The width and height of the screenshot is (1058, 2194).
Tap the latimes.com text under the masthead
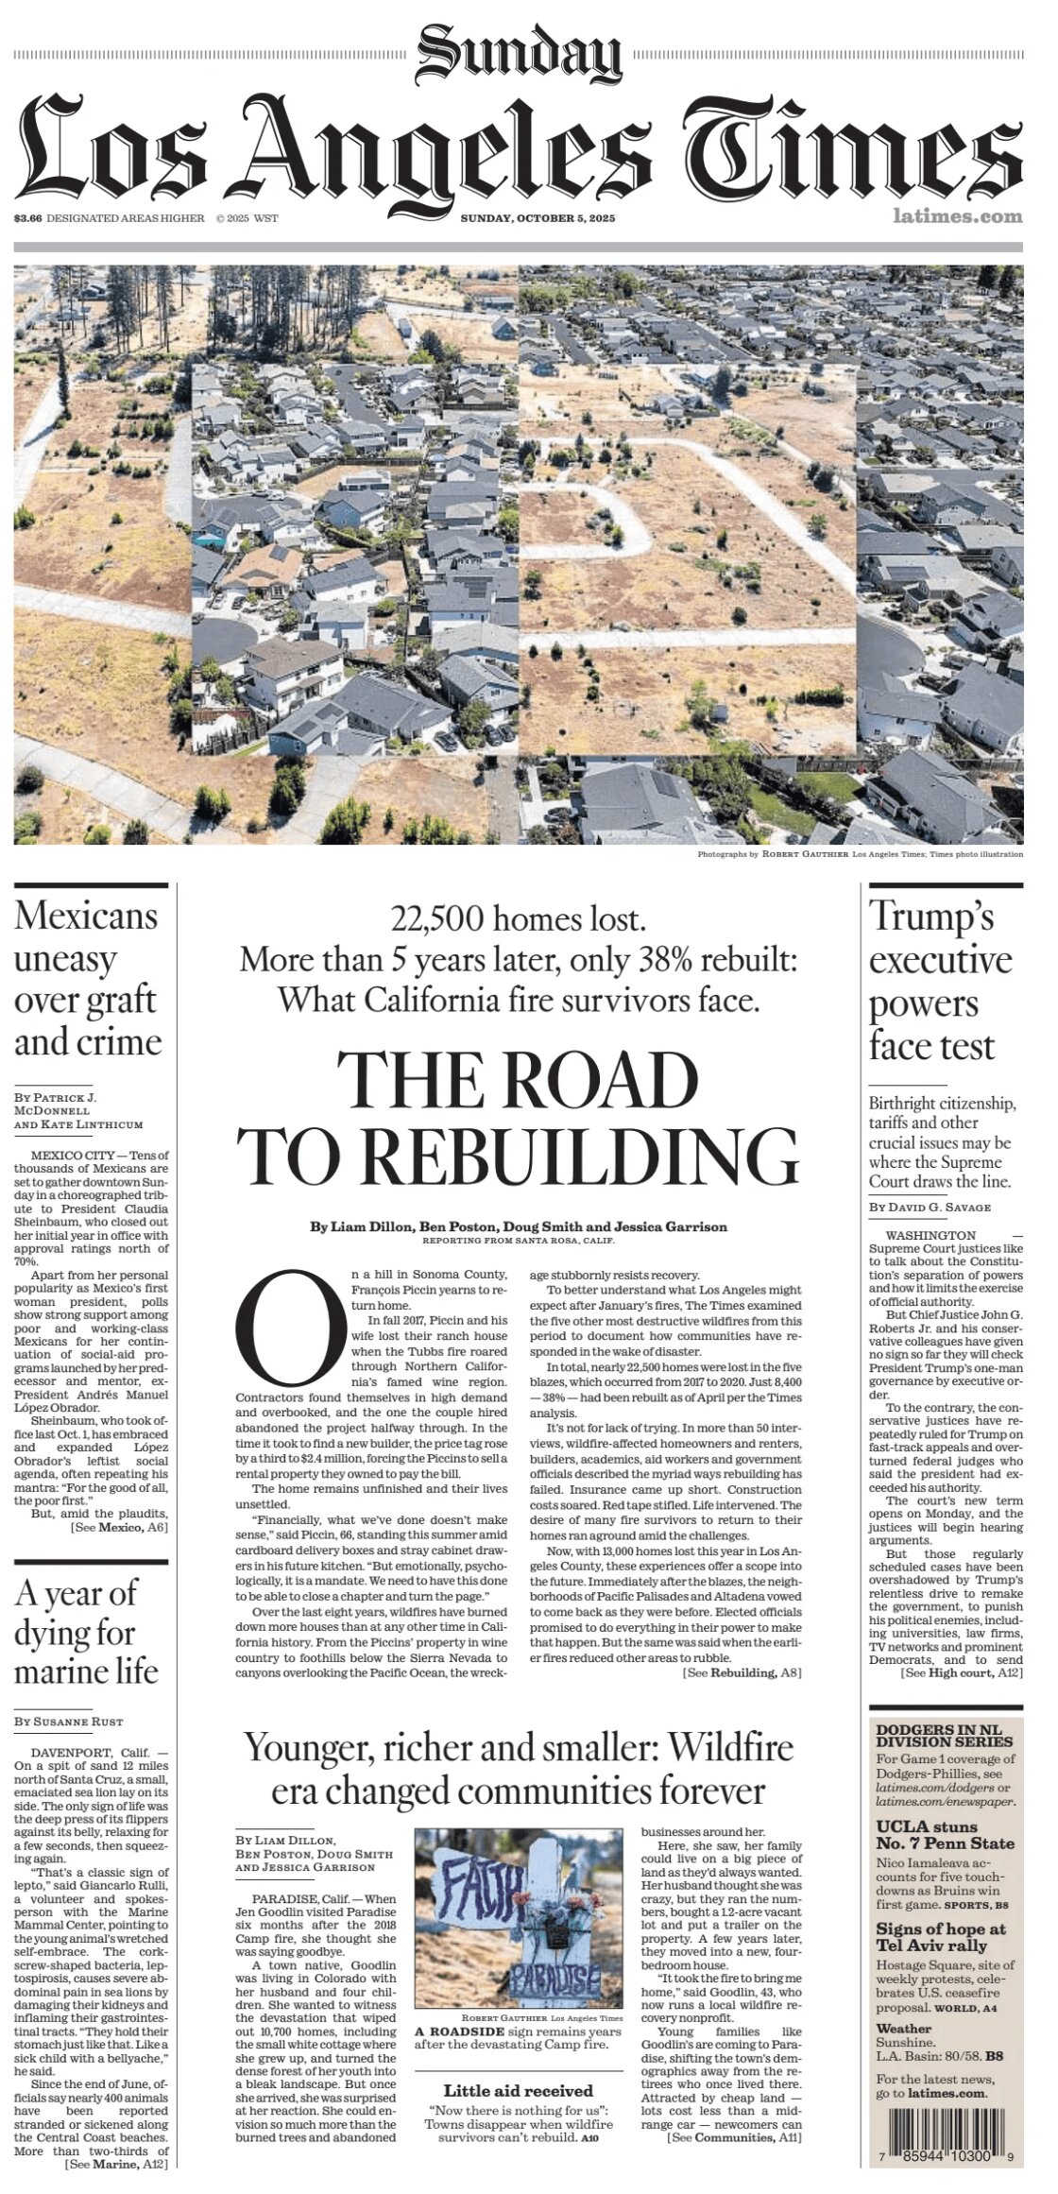click(x=957, y=217)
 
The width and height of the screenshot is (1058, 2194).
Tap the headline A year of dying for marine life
click(x=86, y=1632)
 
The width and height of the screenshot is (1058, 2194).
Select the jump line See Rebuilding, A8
click(x=742, y=1673)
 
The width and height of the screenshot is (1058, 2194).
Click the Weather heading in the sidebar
click(x=903, y=2029)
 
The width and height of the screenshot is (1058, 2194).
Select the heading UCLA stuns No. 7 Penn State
click(x=945, y=1835)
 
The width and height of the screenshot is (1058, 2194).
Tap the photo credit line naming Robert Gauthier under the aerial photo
click(x=859, y=854)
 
